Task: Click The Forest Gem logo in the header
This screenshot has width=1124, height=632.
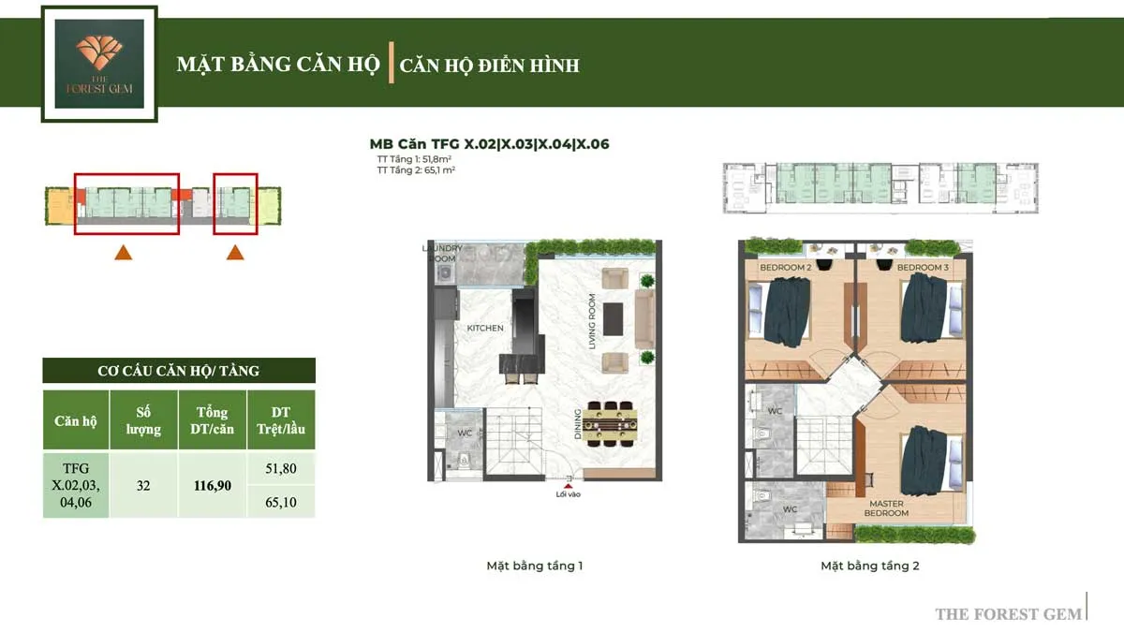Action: [99, 64]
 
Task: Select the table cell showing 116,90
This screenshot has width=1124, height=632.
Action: [213, 486]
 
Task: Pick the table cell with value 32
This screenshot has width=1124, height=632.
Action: [144, 486]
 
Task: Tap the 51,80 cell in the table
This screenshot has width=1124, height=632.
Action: [281, 468]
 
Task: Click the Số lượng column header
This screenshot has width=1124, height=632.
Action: [144, 420]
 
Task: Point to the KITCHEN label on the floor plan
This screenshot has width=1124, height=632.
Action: [485, 329]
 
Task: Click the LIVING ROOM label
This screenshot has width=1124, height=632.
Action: [592, 322]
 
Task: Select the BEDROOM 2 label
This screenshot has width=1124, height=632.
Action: [785, 268]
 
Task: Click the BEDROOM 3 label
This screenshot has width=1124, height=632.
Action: [923, 268]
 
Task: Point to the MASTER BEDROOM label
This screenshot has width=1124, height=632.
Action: [885, 508]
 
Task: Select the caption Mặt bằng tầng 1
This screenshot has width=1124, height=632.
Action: [535, 566]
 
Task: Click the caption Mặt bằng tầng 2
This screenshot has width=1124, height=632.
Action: [870, 566]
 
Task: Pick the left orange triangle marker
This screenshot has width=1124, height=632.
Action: [123, 251]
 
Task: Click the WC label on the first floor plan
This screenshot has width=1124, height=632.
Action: [465, 434]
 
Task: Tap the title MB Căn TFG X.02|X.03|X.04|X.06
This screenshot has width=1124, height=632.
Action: [491, 144]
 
